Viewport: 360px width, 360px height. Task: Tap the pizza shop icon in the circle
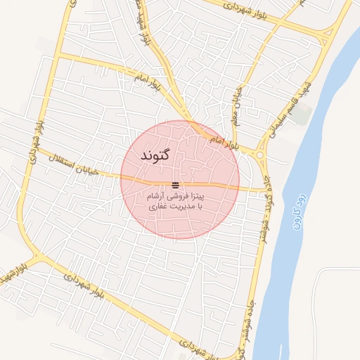175,185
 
